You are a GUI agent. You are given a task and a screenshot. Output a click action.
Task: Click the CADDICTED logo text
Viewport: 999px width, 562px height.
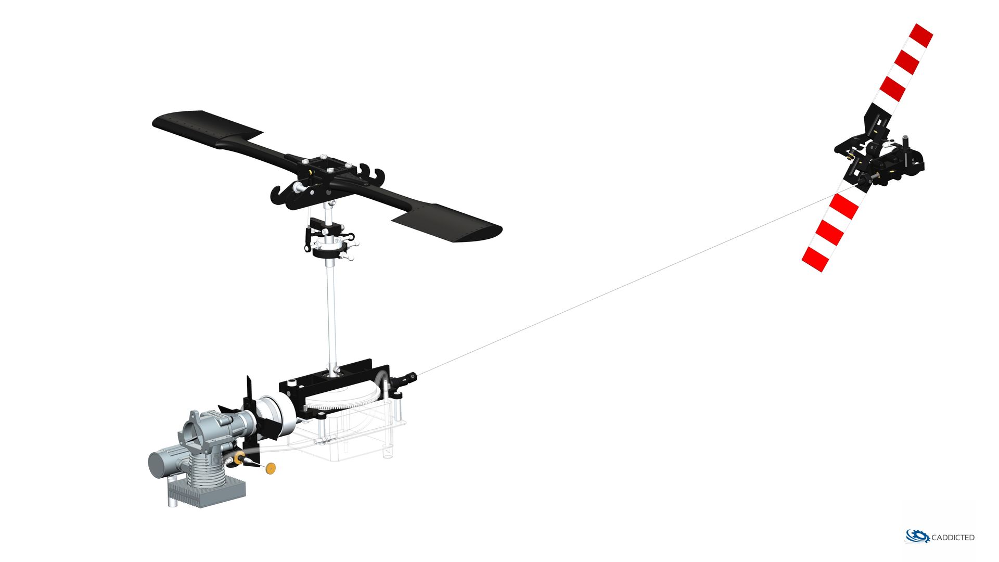pos(953,538)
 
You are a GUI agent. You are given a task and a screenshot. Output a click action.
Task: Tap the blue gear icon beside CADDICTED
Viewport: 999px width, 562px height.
pos(918,537)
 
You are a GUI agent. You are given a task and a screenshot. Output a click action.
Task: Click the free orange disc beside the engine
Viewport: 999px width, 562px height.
pos(271,468)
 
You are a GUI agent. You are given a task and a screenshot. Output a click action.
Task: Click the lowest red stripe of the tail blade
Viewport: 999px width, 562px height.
pos(814,259)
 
